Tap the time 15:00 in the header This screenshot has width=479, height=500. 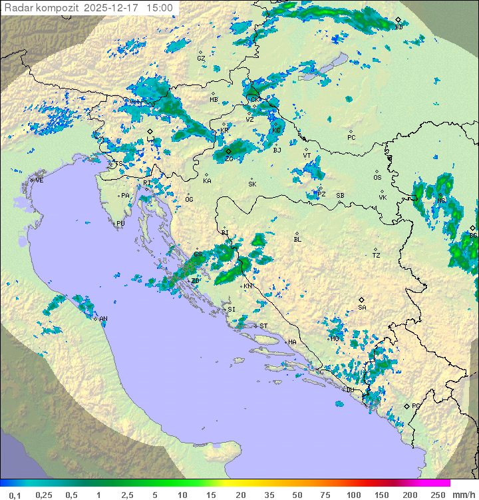tap(159, 8)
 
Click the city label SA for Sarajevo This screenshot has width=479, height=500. tap(362, 308)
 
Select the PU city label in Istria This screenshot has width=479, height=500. tap(120, 224)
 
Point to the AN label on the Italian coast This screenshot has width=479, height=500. tap(104, 319)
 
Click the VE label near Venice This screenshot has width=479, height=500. tap(39, 180)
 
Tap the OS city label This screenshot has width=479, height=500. tap(377, 178)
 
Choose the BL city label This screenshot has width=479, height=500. tap(297, 240)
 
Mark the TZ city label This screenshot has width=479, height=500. tap(377, 256)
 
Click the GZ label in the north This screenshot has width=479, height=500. tap(201, 59)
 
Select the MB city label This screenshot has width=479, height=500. tap(214, 100)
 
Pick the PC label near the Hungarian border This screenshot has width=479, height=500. tap(351, 138)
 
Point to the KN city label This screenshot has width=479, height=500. tap(247, 286)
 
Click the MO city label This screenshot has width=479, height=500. tap(335, 339)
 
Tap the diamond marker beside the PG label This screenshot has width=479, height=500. tap(407, 406)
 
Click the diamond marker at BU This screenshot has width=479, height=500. tap(398, 20)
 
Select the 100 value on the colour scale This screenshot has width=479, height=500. tap(353, 495)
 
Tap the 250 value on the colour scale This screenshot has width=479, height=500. tap(437, 495)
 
